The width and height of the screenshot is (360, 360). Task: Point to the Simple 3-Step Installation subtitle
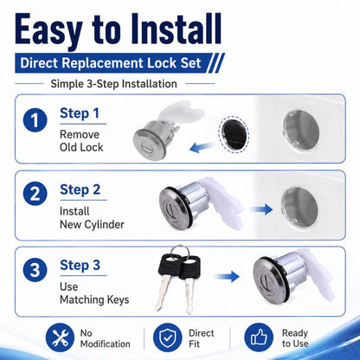pyautogui.click(x=114, y=84)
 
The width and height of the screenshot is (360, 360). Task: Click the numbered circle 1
pyautogui.click(x=35, y=120)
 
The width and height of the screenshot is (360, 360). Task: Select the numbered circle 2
pyautogui.click(x=35, y=194)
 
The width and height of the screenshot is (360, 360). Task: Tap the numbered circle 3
pyautogui.click(x=35, y=270)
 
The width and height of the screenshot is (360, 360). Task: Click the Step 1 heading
pyautogui.click(x=80, y=113)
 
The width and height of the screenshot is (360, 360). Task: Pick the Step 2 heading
pyautogui.click(x=80, y=190)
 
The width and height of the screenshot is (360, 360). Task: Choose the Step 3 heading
pyautogui.click(x=80, y=266)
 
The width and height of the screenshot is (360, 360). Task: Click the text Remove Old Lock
pyautogui.click(x=81, y=141)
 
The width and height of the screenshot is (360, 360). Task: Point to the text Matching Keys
pyautogui.click(x=94, y=300)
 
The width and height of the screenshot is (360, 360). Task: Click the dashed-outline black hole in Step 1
pyautogui.click(x=234, y=134)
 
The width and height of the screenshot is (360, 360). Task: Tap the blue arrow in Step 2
pyautogui.click(x=261, y=209)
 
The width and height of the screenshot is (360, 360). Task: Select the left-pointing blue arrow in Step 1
pyautogui.click(x=202, y=147)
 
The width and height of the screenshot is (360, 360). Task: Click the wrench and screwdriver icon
pyautogui.click(x=60, y=337)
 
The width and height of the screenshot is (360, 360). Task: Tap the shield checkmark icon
pyautogui.click(x=167, y=337)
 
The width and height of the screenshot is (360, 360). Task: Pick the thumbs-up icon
pyautogui.click(x=259, y=337)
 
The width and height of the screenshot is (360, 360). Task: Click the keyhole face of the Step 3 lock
pyautogui.click(x=267, y=280)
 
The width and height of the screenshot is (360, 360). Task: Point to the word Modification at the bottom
pyautogui.click(x=106, y=344)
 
